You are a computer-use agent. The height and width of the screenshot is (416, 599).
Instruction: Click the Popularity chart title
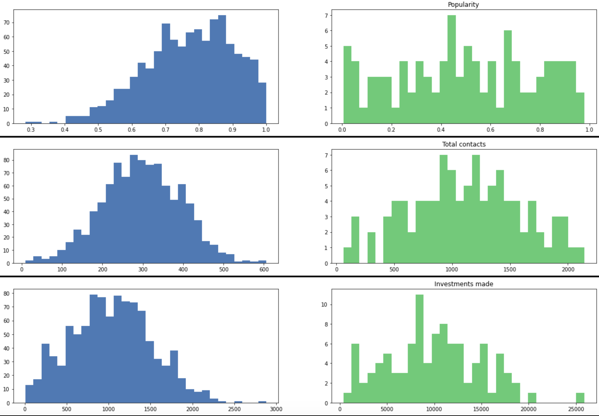(x=463, y=5)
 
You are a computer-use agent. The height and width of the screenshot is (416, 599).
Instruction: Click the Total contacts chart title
(x=464, y=144)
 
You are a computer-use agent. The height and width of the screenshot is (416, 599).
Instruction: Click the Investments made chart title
(x=464, y=284)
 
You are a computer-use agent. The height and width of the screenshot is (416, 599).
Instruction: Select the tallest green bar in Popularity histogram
(x=451, y=70)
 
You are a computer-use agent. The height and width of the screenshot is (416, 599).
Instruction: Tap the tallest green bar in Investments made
(x=419, y=348)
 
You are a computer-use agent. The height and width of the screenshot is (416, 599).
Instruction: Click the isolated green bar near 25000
(x=580, y=398)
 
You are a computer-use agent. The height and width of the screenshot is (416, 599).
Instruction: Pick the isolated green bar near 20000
(x=532, y=398)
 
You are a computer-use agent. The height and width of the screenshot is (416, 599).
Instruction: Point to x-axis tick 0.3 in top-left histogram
(x=31, y=130)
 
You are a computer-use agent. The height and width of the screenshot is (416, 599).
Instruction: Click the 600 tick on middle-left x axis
(x=264, y=269)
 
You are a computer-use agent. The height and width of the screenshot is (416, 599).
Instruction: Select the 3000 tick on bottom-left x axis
(x=276, y=409)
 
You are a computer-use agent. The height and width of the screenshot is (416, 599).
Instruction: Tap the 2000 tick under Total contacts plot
(x=568, y=269)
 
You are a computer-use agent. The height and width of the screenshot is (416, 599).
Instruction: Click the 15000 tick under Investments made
(x=481, y=409)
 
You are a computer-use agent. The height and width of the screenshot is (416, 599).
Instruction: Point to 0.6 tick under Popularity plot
(x=490, y=130)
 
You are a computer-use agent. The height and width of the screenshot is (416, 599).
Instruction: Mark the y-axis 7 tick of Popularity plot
(x=326, y=15)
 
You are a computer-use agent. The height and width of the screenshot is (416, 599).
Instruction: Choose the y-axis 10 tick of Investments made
(x=324, y=305)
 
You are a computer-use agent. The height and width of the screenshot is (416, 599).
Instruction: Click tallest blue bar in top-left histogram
(x=222, y=70)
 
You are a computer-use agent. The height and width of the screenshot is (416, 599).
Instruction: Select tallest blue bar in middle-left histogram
(x=134, y=209)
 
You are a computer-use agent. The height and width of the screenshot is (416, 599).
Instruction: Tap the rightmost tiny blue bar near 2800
(x=262, y=402)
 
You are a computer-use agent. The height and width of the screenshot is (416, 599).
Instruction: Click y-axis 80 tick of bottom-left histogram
(x=7, y=293)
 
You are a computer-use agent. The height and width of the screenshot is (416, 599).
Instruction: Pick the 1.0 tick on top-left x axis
(x=266, y=130)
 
